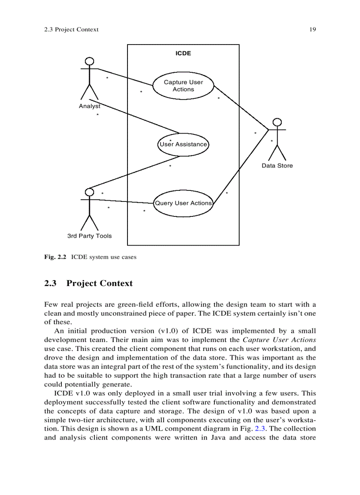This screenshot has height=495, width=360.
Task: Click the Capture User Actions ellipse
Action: (x=183, y=86)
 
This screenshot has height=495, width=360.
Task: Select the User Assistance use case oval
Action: (x=183, y=144)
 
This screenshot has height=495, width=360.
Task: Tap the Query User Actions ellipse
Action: (x=183, y=203)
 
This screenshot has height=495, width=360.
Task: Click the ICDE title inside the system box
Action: (x=183, y=53)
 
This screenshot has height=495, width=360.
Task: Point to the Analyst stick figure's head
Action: (x=90, y=61)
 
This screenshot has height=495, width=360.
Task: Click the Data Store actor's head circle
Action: (x=277, y=122)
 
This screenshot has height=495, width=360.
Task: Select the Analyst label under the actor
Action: (x=89, y=106)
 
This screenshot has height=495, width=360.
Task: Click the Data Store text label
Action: (x=277, y=166)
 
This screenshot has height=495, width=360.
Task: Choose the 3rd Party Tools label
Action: (x=90, y=236)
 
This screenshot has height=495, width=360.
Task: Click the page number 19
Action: (x=312, y=30)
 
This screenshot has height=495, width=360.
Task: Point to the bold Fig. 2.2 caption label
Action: (x=55, y=257)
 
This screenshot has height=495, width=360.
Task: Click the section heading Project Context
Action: (x=99, y=283)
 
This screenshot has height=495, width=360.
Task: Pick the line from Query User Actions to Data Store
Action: (x=240, y=167)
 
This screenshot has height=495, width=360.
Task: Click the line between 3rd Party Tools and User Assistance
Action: (x=135, y=171)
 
